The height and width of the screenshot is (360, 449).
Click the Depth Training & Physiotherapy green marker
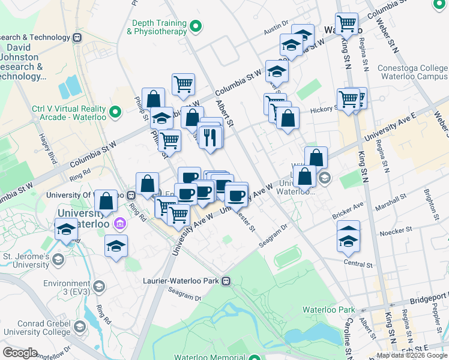pos(196,26)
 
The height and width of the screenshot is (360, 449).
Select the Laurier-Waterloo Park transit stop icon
pos(226,280)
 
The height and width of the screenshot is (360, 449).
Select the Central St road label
pos(358,263)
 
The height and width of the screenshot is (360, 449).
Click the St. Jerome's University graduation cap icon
pos(58,259)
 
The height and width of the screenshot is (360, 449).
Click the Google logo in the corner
pos(20,353)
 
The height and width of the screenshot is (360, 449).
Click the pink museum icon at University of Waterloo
pos(120,224)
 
